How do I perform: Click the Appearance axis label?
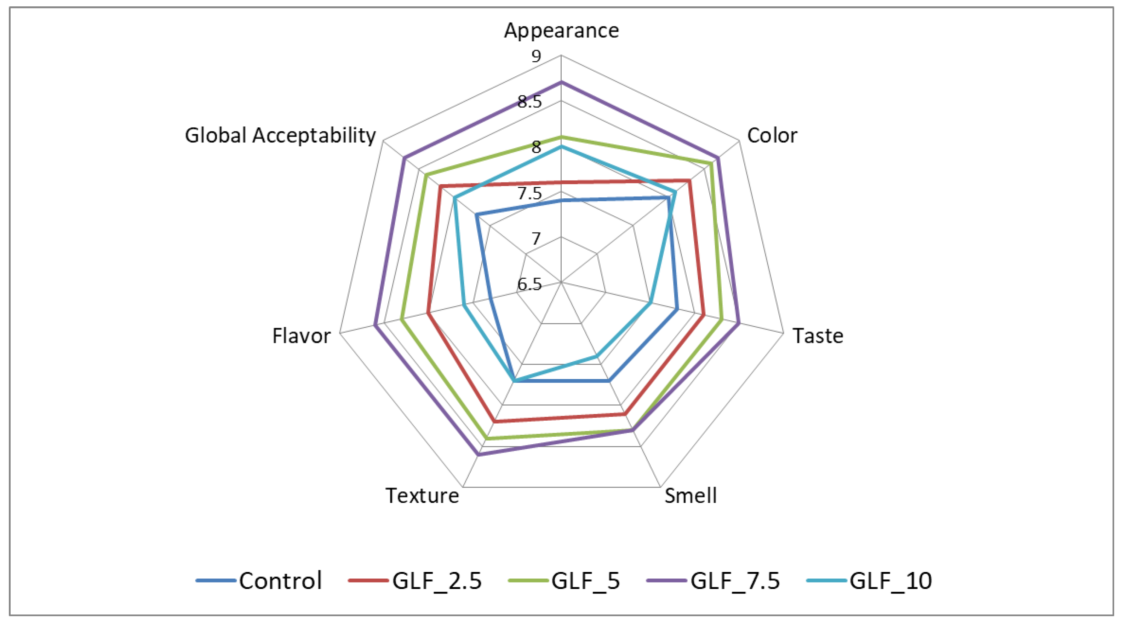tap(561, 30)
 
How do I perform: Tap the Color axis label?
tap(772, 135)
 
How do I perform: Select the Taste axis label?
tap(818, 336)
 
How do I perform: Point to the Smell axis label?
tap(691, 496)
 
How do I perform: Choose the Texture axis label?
tap(422, 496)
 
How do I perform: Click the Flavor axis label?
tap(301, 336)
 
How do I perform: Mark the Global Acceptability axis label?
tap(280, 135)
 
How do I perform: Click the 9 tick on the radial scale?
tap(536, 56)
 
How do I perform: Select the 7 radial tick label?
tap(536, 239)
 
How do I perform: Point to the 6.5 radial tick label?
tap(530, 285)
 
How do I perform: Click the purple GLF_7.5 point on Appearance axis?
tap(561, 82)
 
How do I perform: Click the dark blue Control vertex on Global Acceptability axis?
tap(477, 215)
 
